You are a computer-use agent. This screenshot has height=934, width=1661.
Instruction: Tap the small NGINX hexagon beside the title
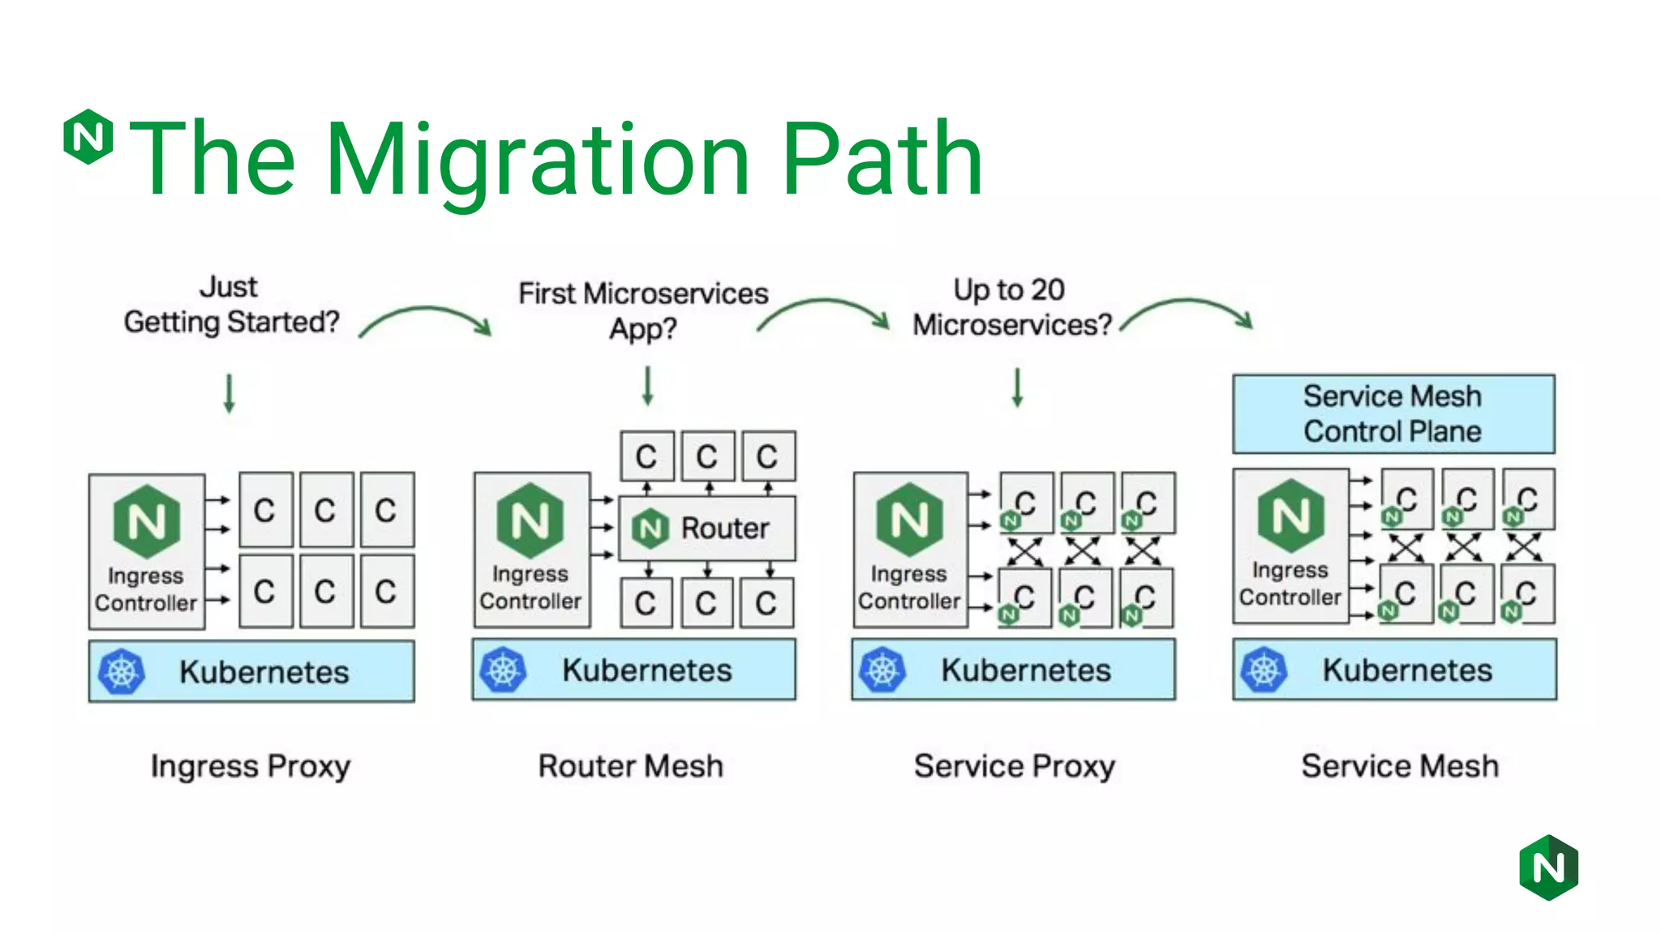(88, 136)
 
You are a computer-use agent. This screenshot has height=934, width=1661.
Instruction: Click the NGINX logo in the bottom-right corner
(1548, 868)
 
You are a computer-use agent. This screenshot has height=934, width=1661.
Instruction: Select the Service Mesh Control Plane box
(1393, 413)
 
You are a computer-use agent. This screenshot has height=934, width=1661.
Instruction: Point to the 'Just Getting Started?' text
(231, 305)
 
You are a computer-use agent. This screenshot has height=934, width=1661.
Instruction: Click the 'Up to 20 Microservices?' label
(1011, 307)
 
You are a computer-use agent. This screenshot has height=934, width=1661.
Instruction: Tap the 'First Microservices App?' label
(643, 311)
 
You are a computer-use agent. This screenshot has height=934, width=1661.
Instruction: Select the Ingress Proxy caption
(251, 766)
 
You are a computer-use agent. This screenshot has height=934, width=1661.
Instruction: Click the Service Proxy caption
(1015, 766)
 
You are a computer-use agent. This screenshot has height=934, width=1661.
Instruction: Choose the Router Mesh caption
(630, 766)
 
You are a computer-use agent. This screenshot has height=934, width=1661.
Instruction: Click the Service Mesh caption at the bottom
(1400, 766)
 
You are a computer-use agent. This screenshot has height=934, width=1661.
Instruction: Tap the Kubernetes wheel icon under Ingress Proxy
(122, 671)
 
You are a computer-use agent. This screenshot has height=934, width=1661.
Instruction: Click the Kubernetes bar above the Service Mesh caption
(1394, 670)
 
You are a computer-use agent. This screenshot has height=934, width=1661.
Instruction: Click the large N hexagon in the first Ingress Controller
(147, 521)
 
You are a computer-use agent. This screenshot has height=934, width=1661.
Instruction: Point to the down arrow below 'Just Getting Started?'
(230, 393)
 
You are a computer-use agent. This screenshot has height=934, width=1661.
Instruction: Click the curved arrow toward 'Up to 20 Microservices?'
(824, 314)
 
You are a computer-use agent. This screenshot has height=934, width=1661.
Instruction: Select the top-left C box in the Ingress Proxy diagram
(265, 510)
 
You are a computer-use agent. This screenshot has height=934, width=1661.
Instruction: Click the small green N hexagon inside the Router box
(650, 529)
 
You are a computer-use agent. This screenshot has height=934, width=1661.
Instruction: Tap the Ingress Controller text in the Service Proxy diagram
(909, 587)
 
